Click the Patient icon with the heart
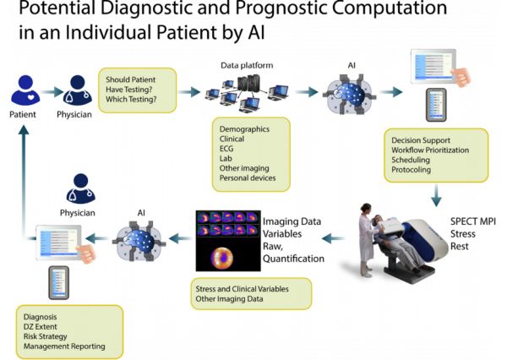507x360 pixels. point(25,90)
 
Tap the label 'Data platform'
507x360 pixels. point(247,65)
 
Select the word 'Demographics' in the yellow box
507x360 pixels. point(244,129)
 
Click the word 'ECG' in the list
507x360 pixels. point(226,149)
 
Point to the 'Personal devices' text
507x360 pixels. point(248,178)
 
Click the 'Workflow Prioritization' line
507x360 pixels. point(430,150)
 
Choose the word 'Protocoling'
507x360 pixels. point(411,170)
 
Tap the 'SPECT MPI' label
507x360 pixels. point(472,221)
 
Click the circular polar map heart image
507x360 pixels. point(221,258)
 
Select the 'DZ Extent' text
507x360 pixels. point(40,327)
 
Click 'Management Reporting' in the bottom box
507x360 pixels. point(64,346)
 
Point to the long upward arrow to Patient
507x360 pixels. point(24,182)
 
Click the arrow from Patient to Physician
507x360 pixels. point(52,92)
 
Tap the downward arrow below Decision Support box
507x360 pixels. point(436,195)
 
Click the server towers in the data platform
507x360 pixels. point(248,83)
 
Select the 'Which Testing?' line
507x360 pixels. point(131,99)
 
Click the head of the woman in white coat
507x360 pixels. point(366,207)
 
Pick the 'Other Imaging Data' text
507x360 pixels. point(229,298)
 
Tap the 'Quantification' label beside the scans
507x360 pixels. point(293,259)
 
